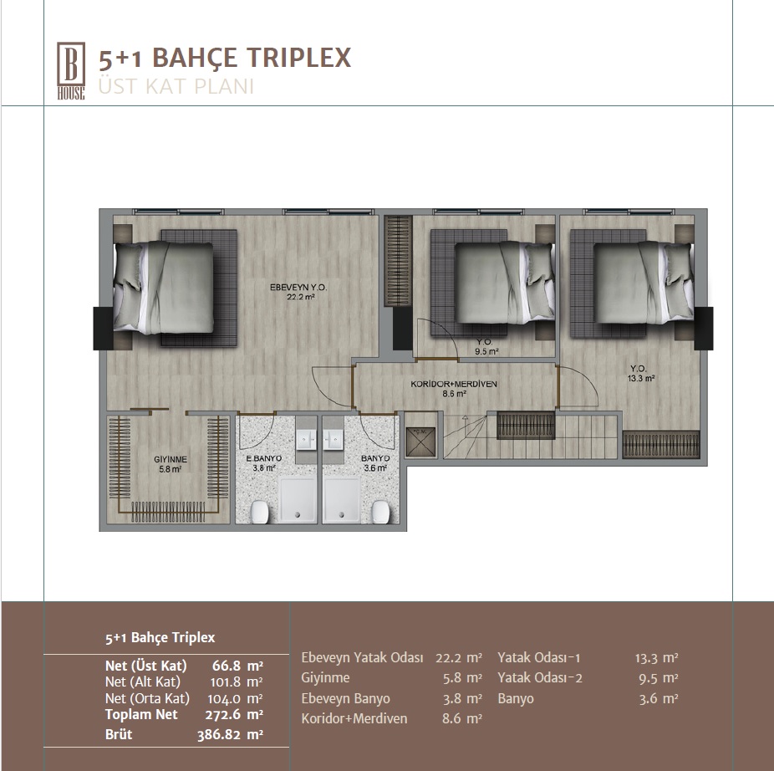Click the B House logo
(x=71, y=70)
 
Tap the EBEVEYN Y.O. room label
(x=298, y=287)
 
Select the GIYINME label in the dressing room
(x=171, y=459)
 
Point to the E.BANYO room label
(x=263, y=458)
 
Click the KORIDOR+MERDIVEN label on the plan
(x=454, y=384)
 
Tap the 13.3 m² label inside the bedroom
(x=641, y=379)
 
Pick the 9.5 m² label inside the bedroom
(x=486, y=352)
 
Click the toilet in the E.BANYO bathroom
(x=259, y=512)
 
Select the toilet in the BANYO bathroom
(x=380, y=512)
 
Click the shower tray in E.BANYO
(x=298, y=499)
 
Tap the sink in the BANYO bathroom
(x=334, y=438)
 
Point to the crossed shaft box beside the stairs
(x=420, y=442)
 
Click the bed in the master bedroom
(x=164, y=287)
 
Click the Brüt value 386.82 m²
(x=230, y=735)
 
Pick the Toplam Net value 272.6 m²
(x=234, y=715)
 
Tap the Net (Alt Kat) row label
(x=143, y=682)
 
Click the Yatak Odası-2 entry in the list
(x=540, y=677)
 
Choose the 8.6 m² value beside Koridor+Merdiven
(x=462, y=718)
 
